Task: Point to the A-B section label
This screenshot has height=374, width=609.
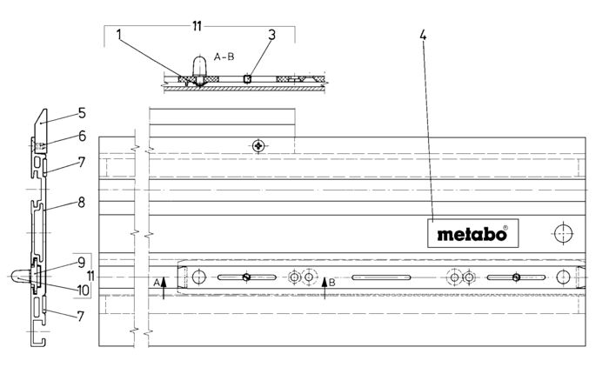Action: coord(225,57)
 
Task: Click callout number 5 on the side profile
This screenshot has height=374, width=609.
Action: coord(81,113)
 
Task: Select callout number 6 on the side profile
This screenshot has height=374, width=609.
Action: coord(81,137)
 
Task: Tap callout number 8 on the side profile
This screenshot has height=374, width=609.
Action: coord(81,204)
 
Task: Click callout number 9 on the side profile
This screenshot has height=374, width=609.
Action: coord(81,261)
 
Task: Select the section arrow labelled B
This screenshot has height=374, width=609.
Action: coord(325,285)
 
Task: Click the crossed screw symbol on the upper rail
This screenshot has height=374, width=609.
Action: coord(258,146)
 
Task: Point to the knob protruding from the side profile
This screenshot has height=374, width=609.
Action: coord(19,276)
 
